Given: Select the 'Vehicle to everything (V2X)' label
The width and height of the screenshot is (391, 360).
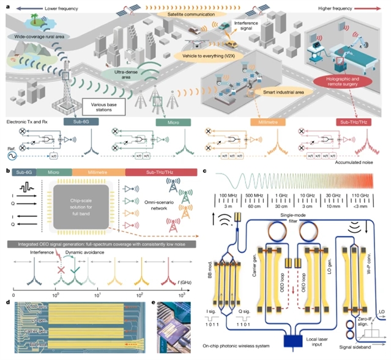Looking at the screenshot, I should click(206, 55).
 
